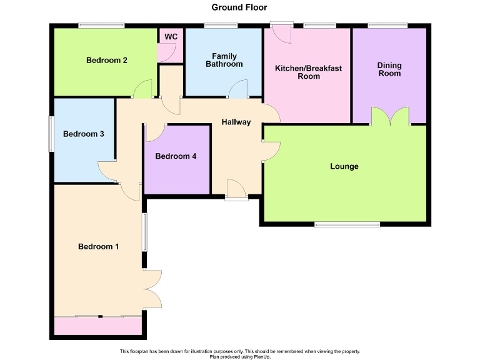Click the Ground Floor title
(x=239, y=7)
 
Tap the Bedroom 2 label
(x=107, y=61)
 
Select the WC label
(x=171, y=37)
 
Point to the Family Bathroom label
(x=224, y=61)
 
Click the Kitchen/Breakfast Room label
(x=308, y=72)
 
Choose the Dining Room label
(x=389, y=69)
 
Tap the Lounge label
(x=344, y=166)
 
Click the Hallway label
(x=236, y=122)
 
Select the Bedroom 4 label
(x=176, y=156)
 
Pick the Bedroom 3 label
(x=83, y=134)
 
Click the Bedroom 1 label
(x=98, y=247)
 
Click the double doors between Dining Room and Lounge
(x=390, y=117)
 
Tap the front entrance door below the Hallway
(x=236, y=190)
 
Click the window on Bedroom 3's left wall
(x=52, y=133)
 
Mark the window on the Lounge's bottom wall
(x=346, y=224)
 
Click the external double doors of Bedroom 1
(x=152, y=289)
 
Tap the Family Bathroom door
(x=237, y=90)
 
